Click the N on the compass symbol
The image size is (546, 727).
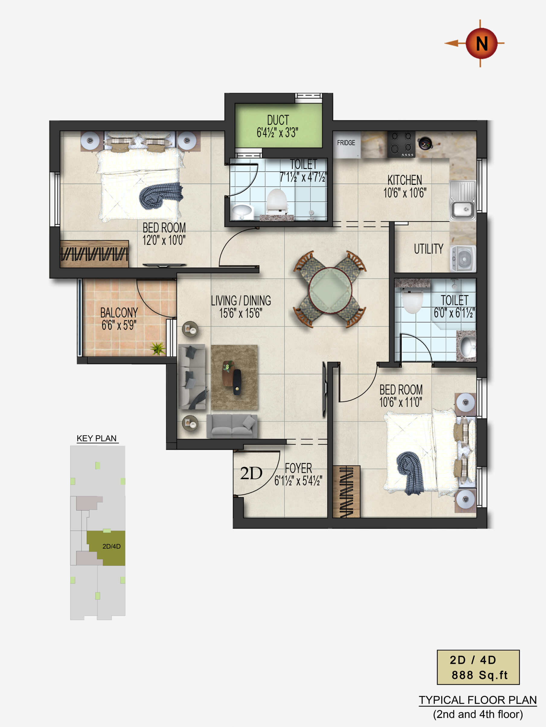coord(482,43)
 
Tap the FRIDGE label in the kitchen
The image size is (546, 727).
coord(346,143)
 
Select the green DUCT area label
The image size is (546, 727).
coord(278,120)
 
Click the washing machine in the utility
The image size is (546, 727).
coord(463,259)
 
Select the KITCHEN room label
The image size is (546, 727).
coord(404,180)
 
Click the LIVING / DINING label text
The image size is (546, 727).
coord(241,301)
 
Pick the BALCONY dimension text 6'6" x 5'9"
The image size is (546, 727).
coord(119,325)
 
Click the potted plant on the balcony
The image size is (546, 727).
coord(158,348)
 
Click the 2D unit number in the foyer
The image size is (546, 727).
coord(251,473)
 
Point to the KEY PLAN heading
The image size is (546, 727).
coord(97,438)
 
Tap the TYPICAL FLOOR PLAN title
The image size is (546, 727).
coord(477,700)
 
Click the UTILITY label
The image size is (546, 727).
coord(429,249)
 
